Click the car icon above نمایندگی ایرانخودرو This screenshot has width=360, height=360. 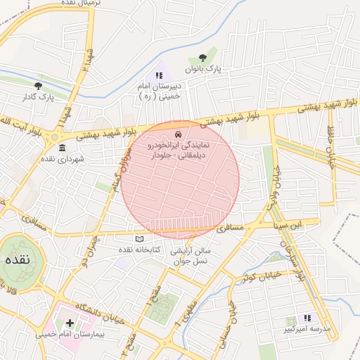coord(178,133)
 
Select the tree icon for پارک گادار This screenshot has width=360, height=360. coord(38,86)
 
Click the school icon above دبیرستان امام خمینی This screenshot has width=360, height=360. coord(158,75)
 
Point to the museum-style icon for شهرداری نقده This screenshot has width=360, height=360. coord(63,148)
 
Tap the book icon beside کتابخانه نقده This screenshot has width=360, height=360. coord(139,239)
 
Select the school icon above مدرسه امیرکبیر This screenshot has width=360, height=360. coord(307,318)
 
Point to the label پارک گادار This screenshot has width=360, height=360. coord(38,96)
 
